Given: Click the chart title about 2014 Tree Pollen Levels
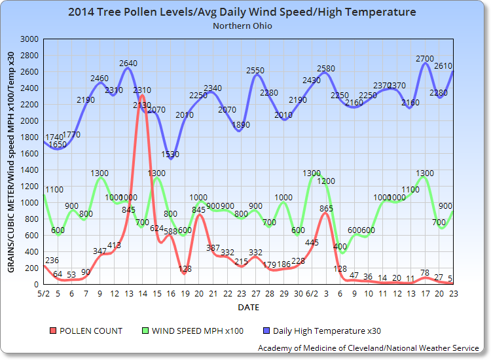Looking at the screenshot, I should coord(242,12).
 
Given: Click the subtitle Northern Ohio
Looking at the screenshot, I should coord(242,26).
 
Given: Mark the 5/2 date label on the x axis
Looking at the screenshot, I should coord(43,293).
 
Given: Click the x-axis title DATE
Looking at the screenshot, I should coord(248,306).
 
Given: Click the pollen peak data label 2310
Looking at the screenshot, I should coord(142,90).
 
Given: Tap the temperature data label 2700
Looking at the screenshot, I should coord(425,59).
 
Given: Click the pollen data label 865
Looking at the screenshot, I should coord(326,209).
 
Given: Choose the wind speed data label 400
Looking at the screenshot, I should coord(340,247).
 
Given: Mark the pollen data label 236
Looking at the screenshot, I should coord(51,261).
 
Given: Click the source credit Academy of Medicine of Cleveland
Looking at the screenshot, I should coord(368,348).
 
